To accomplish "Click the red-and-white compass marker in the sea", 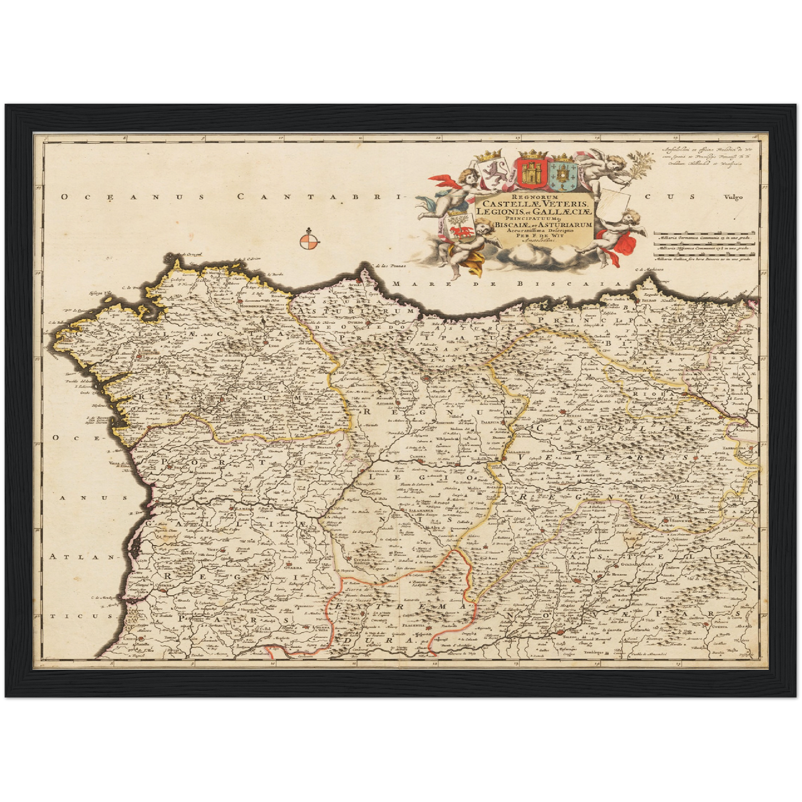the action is tap(309, 241).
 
